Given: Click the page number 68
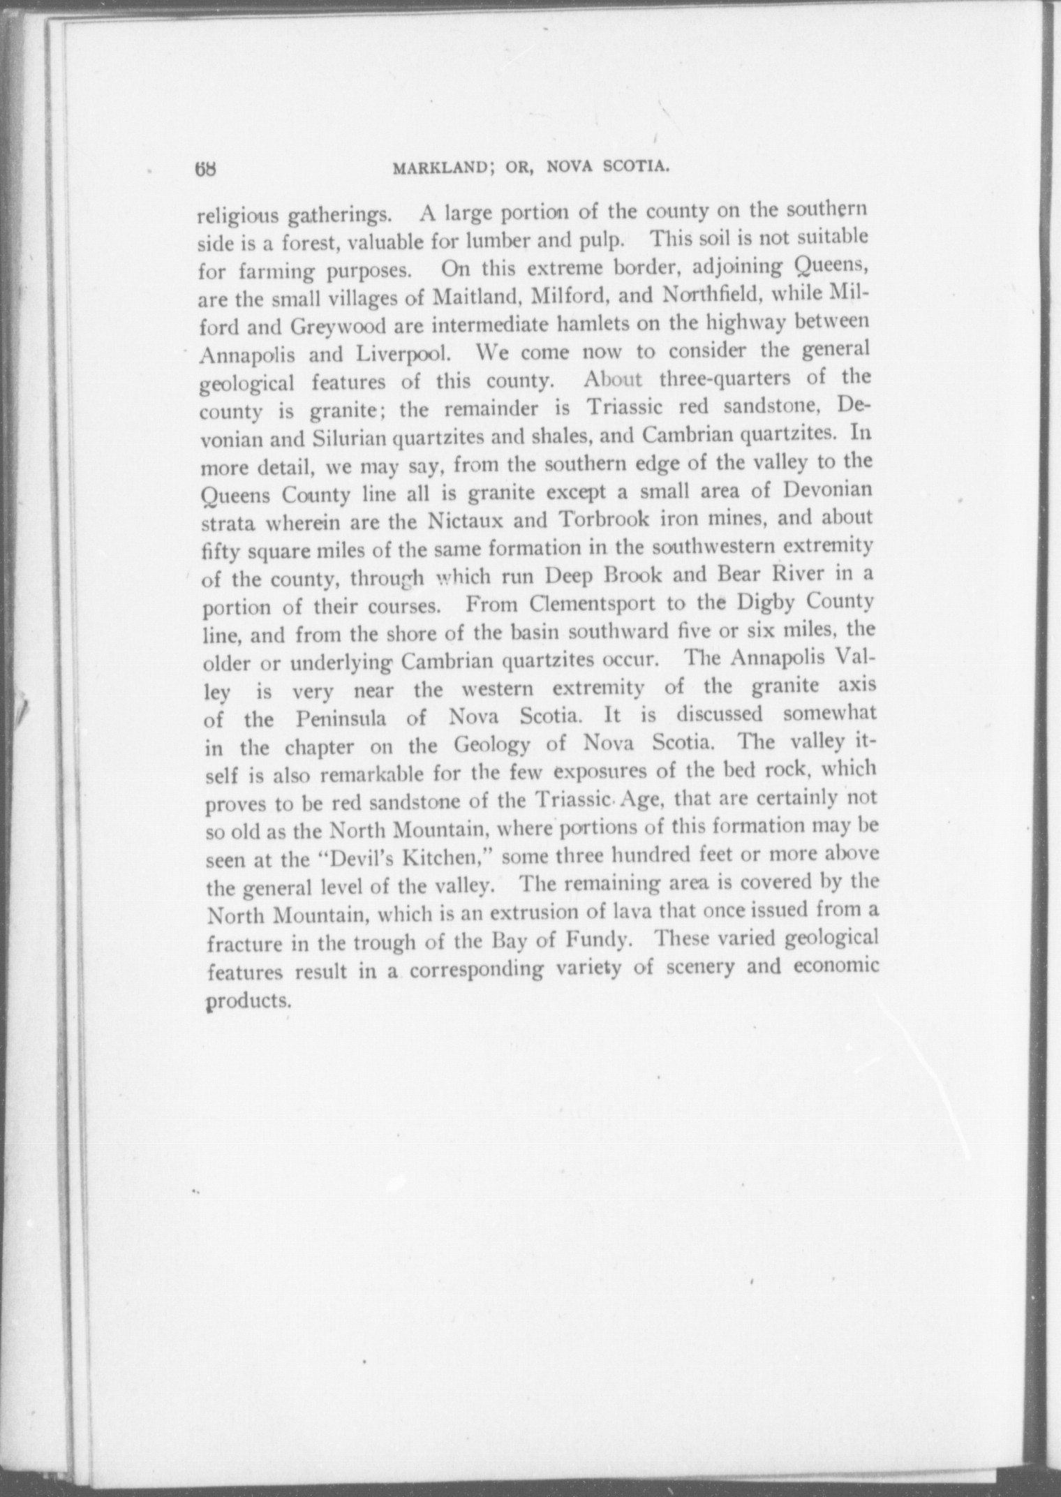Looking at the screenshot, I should pos(207,169).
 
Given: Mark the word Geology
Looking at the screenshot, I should pos(491,745).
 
